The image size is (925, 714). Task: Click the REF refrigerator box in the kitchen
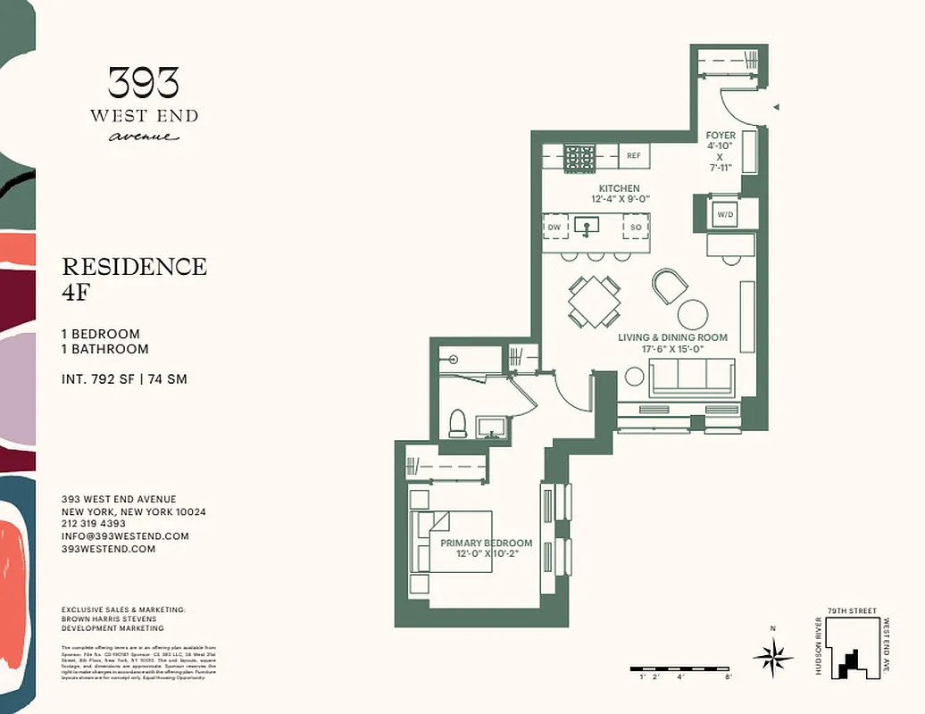[x=634, y=155]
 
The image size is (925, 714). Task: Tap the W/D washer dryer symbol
[x=724, y=214]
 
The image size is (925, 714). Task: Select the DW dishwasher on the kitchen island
[x=554, y=228]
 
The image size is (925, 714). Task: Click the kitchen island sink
[x=587, y=227]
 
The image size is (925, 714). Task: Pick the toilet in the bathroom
[x=457, y=422]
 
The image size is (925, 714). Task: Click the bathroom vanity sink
[x=491, y=426]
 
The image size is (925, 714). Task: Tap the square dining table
[x=595, y=302]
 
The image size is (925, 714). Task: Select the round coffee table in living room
[x=693, y=314]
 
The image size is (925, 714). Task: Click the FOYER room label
[x=721, y=136]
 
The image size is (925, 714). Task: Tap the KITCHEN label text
[x=619, y=188]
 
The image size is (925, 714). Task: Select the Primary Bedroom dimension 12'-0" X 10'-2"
[x=487, y=554]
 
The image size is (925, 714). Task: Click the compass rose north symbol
[x=772, y=658]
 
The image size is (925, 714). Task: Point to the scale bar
[x=681, y=668]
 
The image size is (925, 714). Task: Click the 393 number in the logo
[x=144, y=84]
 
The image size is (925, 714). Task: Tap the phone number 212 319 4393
[x=94, y=524]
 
